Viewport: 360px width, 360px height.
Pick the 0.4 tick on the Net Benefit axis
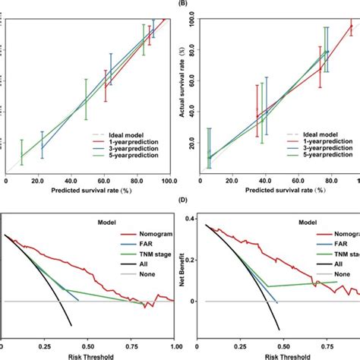point(193,218)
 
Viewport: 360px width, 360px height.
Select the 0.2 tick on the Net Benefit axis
point(193,260)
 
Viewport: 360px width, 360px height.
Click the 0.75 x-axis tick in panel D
point(317,343)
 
